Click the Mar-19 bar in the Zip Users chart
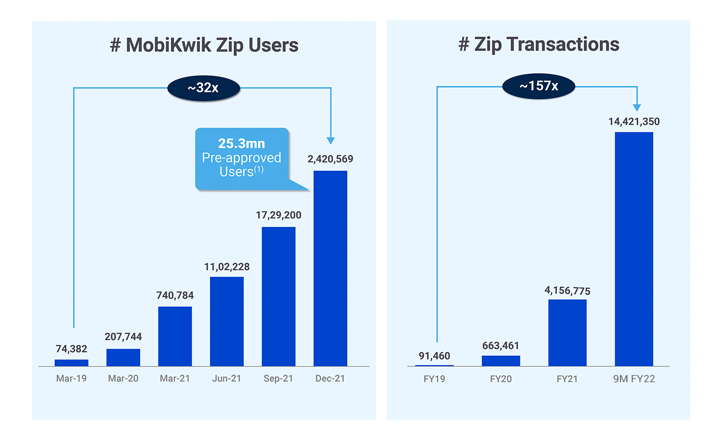[x=72, y=363]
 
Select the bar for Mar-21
[x=175, y=336]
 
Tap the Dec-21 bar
[x=330, y=269]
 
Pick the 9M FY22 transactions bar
[x=634, y=249]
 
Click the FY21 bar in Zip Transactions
[x=567, y=333]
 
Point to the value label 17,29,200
[x=278, y=215]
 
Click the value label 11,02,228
[x=227, y=267]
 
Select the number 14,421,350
[x=634, y=122]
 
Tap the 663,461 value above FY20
[x=500, y=346]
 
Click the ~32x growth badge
[x=204, y=88]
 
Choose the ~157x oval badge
[x=539, y=86]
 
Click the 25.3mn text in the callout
[x=241, y=144]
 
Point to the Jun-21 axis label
[x=227, y=379]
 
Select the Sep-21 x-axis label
[x=278, y=379]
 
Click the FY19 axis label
[x=434, y=379]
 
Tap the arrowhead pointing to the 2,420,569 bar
[x=331, y=141]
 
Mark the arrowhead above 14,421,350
[x=637, y=107]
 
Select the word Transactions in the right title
[x=563, y=44]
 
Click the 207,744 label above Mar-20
[x=123, y=337]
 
